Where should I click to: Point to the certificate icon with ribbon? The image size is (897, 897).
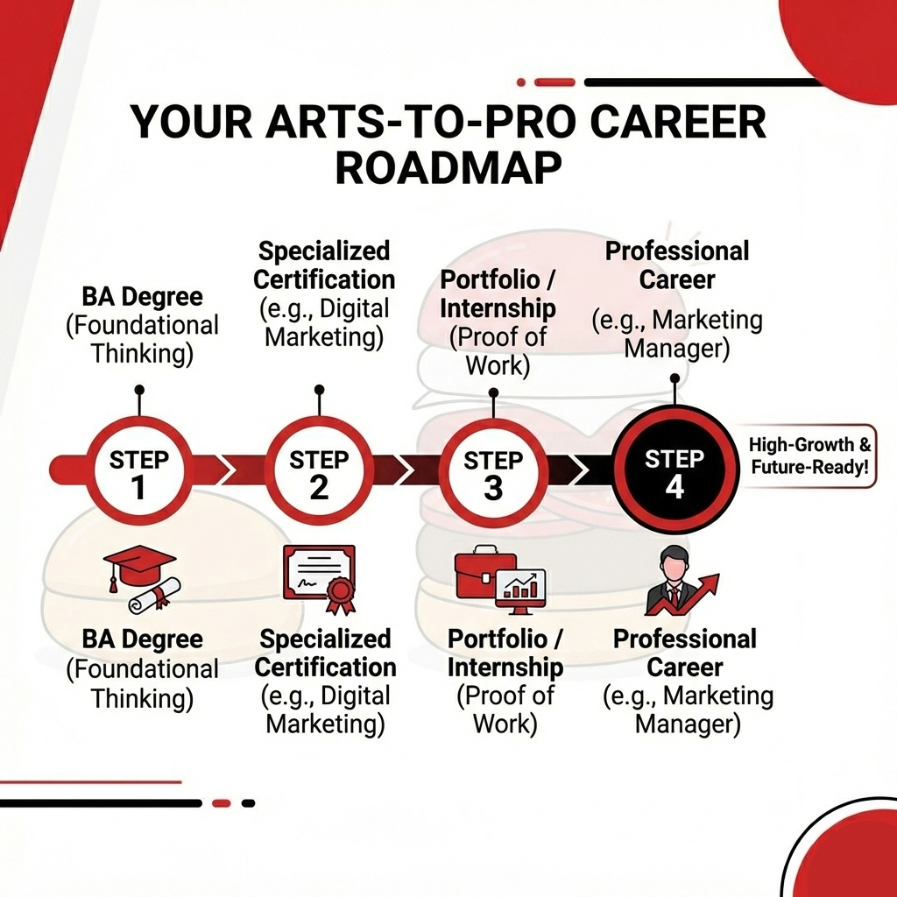click(320, 578)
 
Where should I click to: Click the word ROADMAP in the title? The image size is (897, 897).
click(448, 167)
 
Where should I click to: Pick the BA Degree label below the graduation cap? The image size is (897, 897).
click(142, 639)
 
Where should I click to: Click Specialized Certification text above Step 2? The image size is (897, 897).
click(325, 266)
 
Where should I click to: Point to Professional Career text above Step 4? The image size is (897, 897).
click(677, 265)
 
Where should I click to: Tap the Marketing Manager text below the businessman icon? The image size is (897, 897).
click(688, 710)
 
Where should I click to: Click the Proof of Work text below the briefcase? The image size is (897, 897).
click(505, 710)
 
